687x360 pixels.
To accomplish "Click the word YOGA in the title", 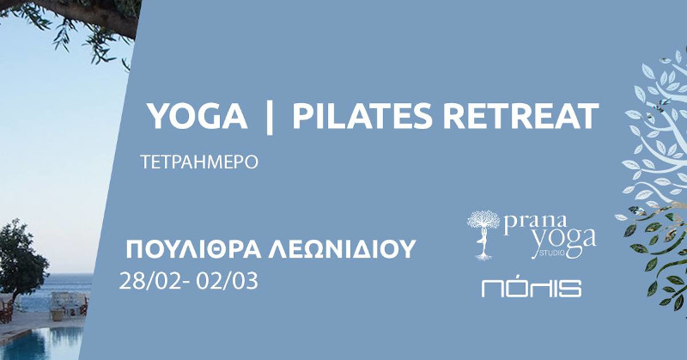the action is coord(197,116).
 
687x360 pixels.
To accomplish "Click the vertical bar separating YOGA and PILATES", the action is coord(270,117).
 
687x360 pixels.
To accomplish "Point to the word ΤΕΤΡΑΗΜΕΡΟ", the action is coord(199,162).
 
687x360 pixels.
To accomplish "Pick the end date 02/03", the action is coord(227,281).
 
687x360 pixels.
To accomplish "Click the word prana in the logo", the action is coord(534,224).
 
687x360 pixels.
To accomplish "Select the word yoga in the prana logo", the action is coord(564,242).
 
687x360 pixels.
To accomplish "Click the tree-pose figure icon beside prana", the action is coord(483,235).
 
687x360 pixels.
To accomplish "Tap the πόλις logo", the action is coord(532,288).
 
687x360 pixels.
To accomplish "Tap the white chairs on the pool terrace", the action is coord(66,302).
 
